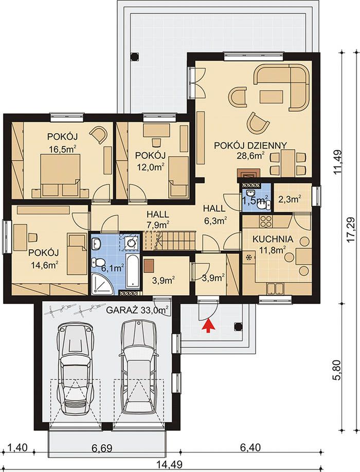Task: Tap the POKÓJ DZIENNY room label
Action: [250, 146]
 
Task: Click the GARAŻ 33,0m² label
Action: [137, 310]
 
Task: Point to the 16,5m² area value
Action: [63, 149]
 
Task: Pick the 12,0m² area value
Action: [151, 167]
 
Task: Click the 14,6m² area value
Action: [44, 264]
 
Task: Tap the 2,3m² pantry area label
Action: [291, 199]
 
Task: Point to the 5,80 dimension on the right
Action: [338, 370]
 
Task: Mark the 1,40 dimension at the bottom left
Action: [16, 448]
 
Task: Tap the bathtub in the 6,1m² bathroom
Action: [132, 271]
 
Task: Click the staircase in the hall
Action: [169, 241]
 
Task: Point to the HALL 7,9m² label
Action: [158, 219]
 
